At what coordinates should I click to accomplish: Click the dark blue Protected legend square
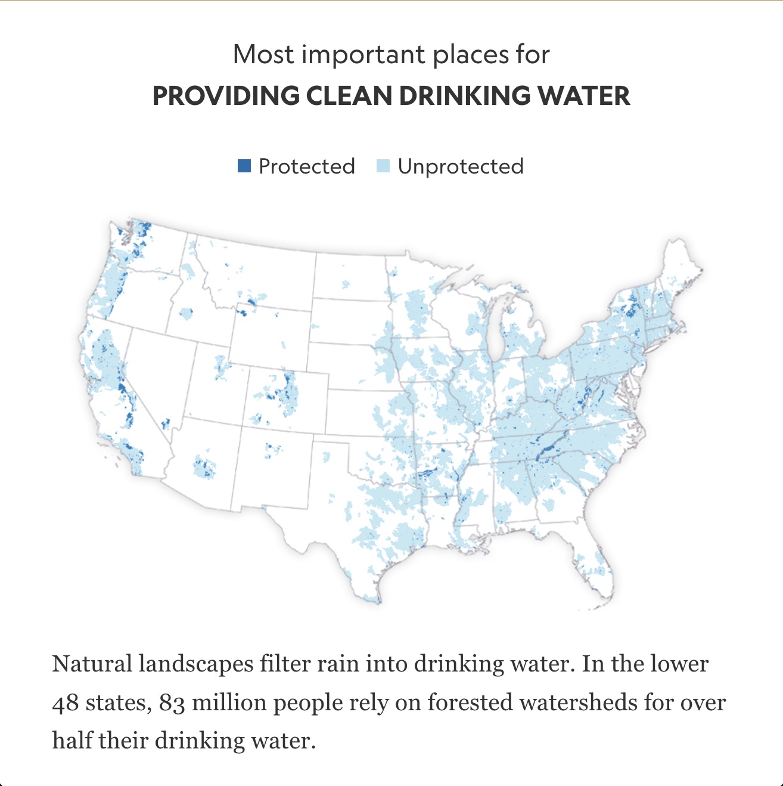(244, 166)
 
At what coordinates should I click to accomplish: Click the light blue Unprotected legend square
(383, 166)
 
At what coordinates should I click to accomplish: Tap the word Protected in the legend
(306, 166)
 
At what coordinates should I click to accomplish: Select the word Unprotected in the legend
(461, 166)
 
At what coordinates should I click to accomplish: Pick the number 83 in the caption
(172, 703)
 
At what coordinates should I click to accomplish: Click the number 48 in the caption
(66, 703)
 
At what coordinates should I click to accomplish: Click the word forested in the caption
(466, 703)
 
